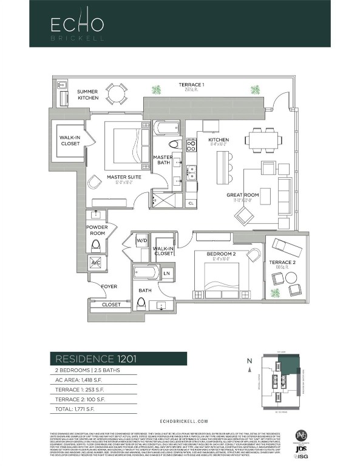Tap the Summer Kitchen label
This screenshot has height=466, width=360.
pos(87,95)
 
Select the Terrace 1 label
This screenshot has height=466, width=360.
pos(191,84)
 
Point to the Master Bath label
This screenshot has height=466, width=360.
pos(163,160)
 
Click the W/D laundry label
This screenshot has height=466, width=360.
pos(142,240)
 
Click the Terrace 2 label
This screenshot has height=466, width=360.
pos(279,263)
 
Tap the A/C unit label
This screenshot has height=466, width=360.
pos(96,263)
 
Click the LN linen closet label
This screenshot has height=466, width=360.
pos(166,274)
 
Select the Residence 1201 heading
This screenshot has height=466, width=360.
pos(93,359)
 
